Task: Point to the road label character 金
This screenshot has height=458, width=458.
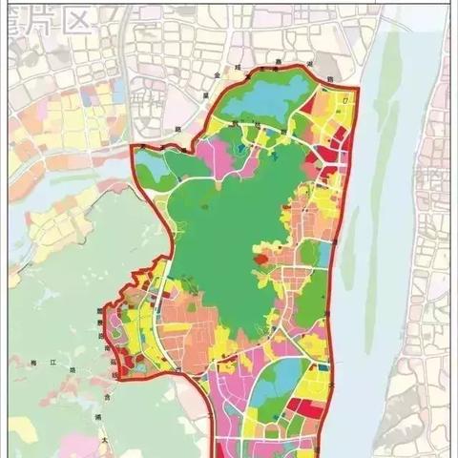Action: [x=218, y=72]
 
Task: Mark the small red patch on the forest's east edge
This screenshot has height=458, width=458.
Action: [x=260, y=255]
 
